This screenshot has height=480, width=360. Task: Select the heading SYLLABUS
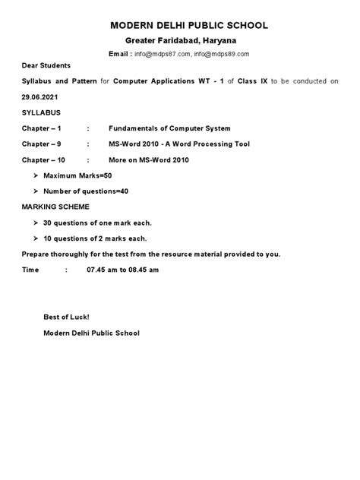41,112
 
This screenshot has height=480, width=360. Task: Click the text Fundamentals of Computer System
159,128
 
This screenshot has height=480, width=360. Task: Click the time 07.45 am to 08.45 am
123,270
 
